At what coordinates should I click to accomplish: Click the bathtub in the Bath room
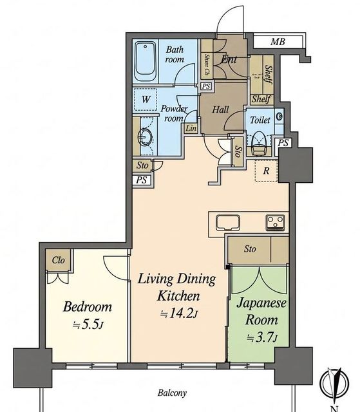[x=146, y=62]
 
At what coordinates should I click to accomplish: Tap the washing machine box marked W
[x=146, y=100]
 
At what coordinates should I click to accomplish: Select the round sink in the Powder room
[x=146, y=136]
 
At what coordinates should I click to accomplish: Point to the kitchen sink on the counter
[x=228, y=223]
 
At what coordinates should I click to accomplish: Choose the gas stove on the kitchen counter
[x=275, y=223]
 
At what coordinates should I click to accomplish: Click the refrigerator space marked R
[x=266, y=171]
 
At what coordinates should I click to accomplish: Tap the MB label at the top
[x=278, y=41]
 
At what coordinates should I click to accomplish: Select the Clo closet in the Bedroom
[x=59, y=260]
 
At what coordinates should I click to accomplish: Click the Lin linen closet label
[x=191, y=129]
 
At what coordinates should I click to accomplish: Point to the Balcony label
[x=172, y=393]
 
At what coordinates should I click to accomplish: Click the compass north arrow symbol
[x=334, y=385]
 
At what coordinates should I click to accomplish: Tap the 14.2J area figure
[x=179, y=314]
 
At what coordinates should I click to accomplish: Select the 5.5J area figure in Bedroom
[x=88, y=324]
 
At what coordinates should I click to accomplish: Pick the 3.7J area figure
[x=261, y=337]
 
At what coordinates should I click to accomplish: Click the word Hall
[x=220, y=109]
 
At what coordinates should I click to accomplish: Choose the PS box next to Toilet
[x=283, y=143]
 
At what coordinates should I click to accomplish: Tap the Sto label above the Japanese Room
[x=250, y=249]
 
